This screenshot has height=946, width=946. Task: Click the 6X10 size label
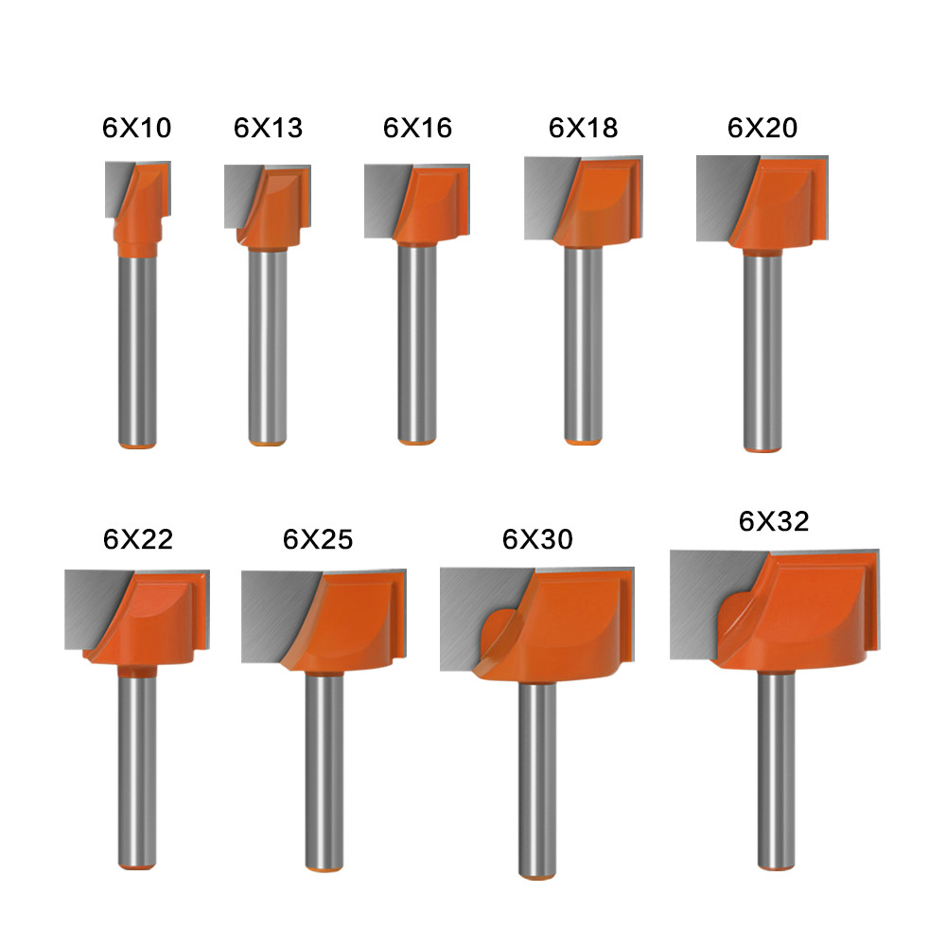pos(137,128)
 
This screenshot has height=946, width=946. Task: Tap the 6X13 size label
pos(268,128)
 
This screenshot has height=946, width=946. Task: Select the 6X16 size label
pos(417,128)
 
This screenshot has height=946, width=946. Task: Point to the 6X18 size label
pos(583,128)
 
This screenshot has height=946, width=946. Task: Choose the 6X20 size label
pos(762,128)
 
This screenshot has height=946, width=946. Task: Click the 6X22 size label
pos(138,539)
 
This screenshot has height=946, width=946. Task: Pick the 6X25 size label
pos(317,539)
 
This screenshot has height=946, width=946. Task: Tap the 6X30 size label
pos(537,539)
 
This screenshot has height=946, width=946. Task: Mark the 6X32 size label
pos(775,521)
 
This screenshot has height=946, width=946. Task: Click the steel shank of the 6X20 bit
pos(762,350)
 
